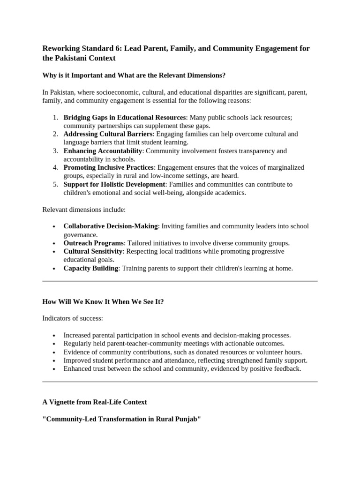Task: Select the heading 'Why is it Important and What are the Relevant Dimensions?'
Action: point(134,75)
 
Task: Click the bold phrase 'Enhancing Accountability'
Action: point(103,151)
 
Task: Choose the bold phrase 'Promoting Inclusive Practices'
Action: point(108,168)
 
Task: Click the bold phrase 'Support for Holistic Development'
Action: point(114,185)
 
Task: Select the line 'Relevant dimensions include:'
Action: point(84,209)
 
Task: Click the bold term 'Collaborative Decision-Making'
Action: point(111,226)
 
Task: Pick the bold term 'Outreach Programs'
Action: point(93,243)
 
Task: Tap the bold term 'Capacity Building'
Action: point(91,268)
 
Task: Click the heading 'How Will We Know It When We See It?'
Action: point(103,302)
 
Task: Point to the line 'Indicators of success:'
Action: point(73,318)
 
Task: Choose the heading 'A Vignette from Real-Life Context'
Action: point(95,402)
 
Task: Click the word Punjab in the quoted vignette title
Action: point(187,419)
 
